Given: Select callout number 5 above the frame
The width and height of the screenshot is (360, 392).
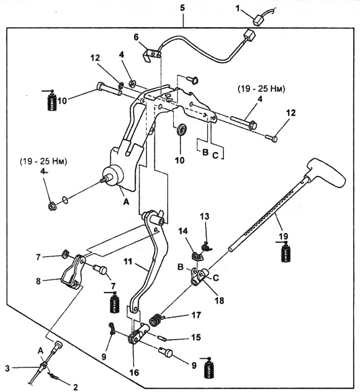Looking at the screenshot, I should [183, 8].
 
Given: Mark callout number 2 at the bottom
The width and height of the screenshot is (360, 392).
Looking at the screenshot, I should [75, 387].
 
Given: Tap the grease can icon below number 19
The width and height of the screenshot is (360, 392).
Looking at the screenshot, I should [285, 253].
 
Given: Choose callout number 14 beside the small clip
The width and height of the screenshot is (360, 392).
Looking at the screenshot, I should [183, 230].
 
